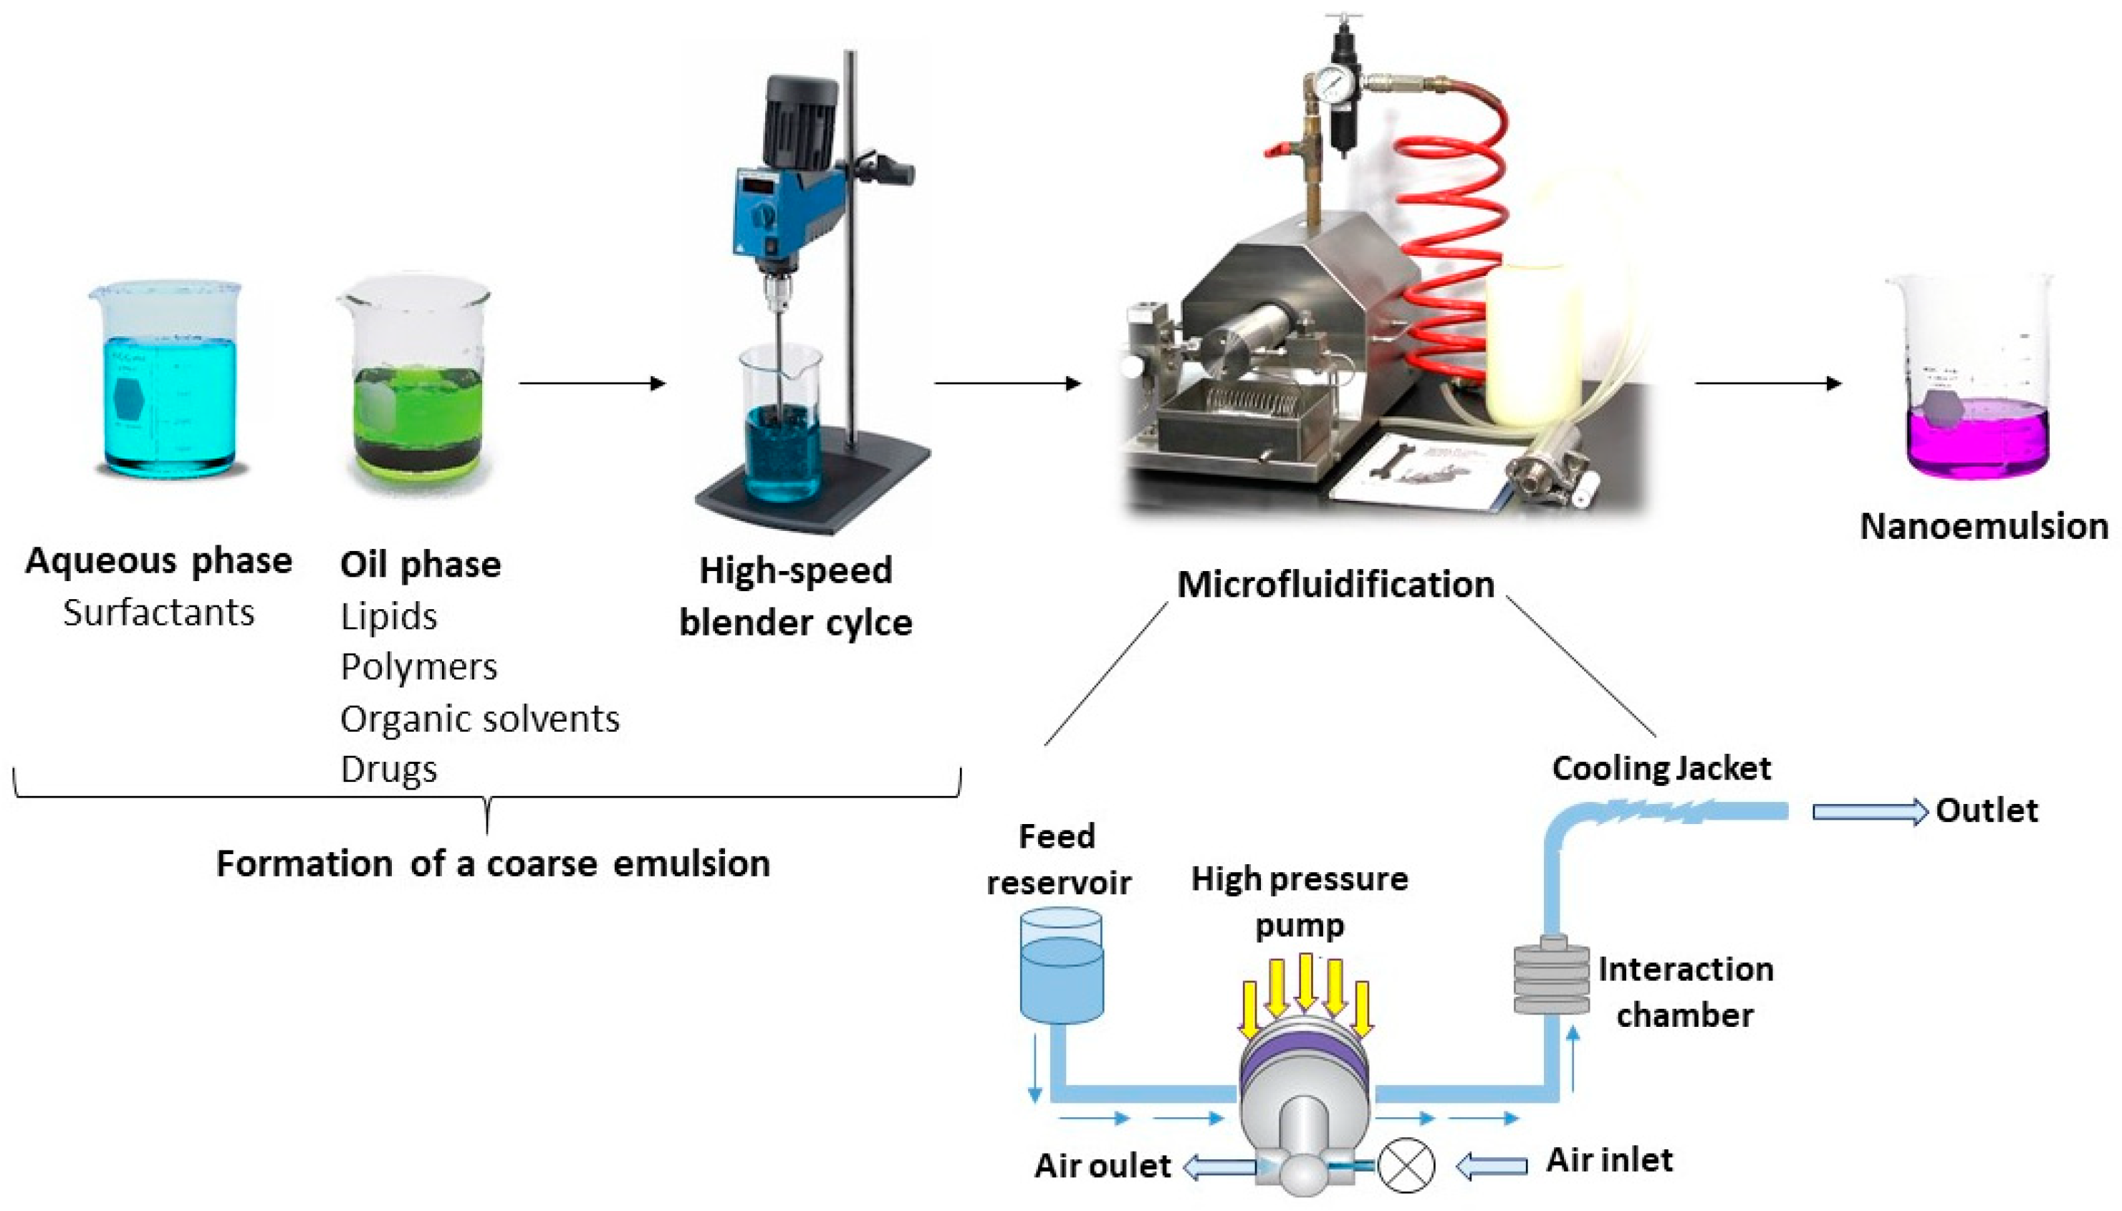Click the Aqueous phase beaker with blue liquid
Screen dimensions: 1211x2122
(166, 383)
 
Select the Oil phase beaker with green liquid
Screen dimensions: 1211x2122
(416, 391)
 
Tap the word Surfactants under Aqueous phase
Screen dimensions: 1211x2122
(158, 613)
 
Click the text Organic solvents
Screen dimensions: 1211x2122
(480, 719)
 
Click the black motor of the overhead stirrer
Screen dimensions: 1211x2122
(798, 120)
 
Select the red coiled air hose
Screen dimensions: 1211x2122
(1447, 249)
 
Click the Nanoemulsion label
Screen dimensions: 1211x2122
(1983, 527)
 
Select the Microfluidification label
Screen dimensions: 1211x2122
(1335, 585)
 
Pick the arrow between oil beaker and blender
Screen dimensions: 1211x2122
(592, 383)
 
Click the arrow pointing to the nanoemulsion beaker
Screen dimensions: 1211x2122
(1767, 383)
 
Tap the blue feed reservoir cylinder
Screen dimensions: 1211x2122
(1061, 965)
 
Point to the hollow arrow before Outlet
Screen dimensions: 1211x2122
(1868, 812)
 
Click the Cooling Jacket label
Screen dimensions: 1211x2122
(1661, 767)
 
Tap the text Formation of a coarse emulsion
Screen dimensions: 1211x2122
(492, 863)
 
